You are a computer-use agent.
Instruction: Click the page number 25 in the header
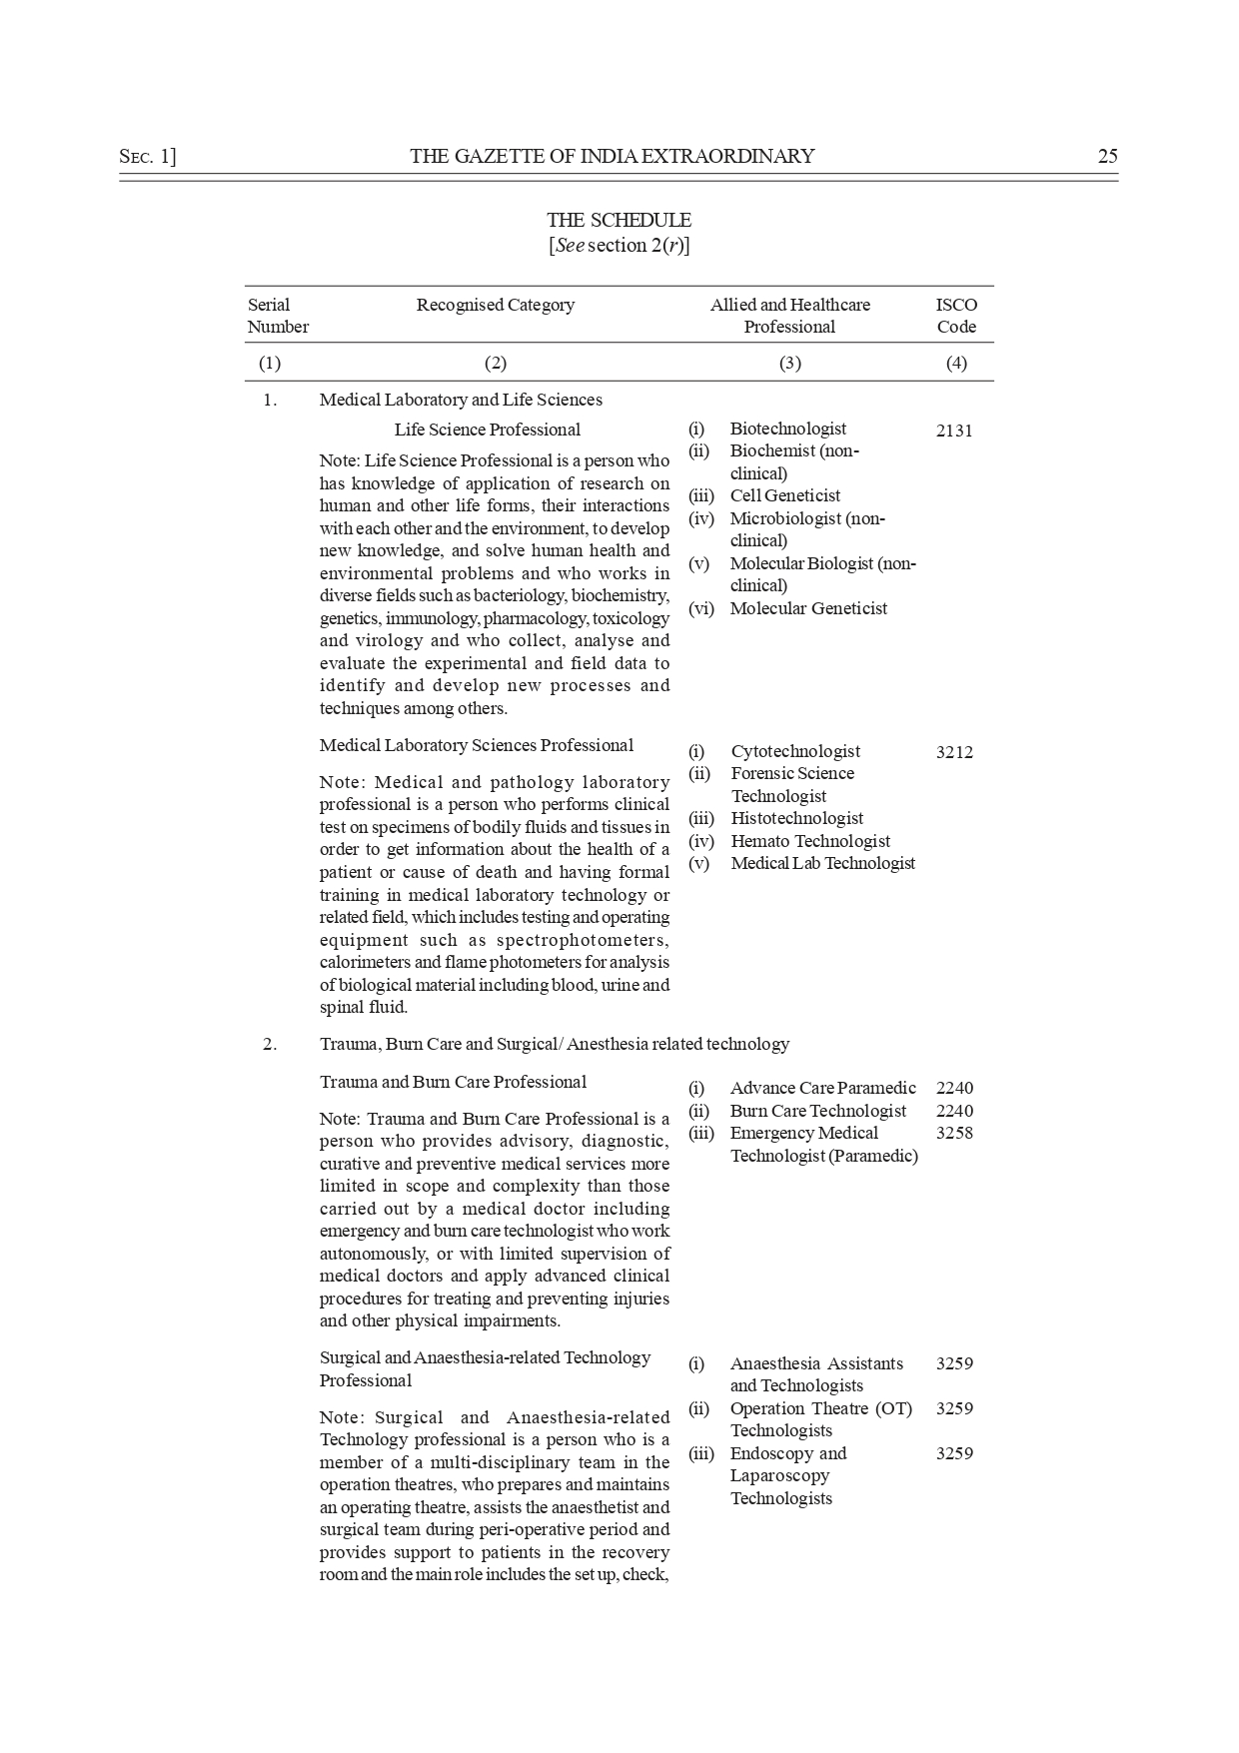click(1107, 156)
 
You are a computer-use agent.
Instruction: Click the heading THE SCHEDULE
click(619, 220)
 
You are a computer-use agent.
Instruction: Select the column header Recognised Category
click(495, 305)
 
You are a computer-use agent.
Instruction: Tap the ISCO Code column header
click(956, 316)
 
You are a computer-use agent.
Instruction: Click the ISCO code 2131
click(954, 432)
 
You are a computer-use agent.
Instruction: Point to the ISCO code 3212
click(954, 753)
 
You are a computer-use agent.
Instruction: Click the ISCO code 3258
click(954, 1133)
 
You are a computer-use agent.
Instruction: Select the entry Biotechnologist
click(787, 429)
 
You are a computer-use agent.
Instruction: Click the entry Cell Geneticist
click(784, 495)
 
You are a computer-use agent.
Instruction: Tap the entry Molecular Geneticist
click(807, 608)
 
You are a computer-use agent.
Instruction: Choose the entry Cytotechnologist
click(795, 751)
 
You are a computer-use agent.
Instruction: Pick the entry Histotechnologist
click(796, 818)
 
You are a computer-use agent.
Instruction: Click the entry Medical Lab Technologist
click(822, 863)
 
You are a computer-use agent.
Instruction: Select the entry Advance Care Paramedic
click(822, 1088)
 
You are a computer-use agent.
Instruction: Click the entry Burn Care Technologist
click(817, 1111)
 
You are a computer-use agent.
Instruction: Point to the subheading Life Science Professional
click(487, 430)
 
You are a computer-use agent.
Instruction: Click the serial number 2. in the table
click(270, 1044)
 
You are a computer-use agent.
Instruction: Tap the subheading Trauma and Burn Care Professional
click(453, 1082)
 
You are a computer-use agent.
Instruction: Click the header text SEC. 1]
click(147, 156)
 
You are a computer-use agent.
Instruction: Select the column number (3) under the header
click(789, 363)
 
